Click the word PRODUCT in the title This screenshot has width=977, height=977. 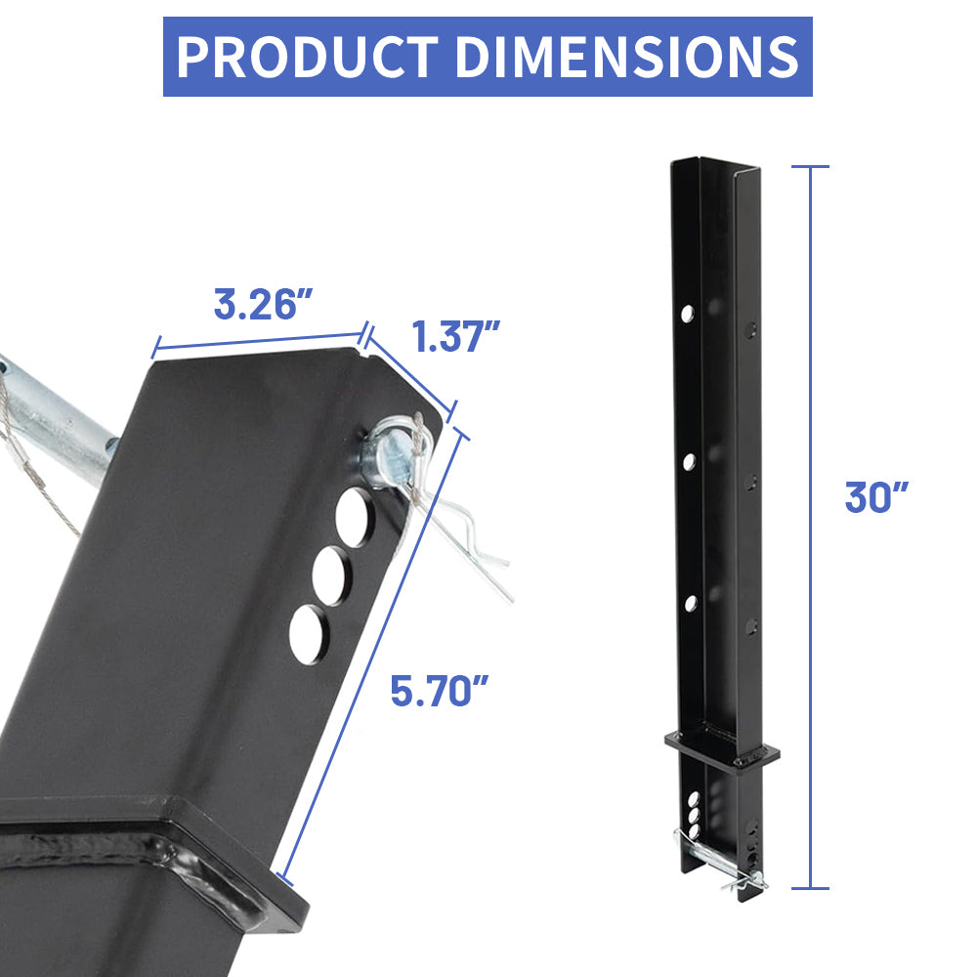(x=307, y=57)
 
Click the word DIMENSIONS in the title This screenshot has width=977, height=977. (x=626, y=57)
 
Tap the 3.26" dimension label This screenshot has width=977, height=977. (x=255, y=305)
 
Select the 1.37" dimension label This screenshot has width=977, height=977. (x=455, y=337)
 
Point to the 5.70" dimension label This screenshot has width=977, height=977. (x=439, y=692)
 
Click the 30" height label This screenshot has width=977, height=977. (x=876, y=497)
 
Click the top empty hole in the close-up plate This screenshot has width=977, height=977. (x=356, y=514)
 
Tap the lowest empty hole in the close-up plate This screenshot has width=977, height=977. (x=310, y=634)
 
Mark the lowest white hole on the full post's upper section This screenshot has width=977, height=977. (x=690, y=603)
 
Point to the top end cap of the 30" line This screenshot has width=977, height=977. (x=810, y=167)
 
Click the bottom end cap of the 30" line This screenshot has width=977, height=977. (x=810, y=888)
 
